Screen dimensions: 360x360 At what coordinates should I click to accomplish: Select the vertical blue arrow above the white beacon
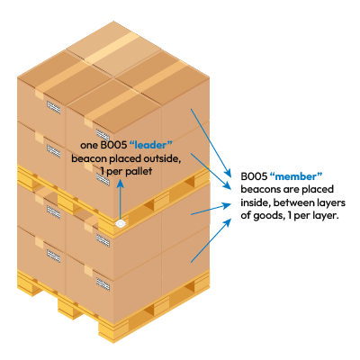(x=119, y=198)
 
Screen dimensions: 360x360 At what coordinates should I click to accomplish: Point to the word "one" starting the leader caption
(x=87, y=144)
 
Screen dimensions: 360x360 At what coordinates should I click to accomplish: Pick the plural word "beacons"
(x=259, y=188)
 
